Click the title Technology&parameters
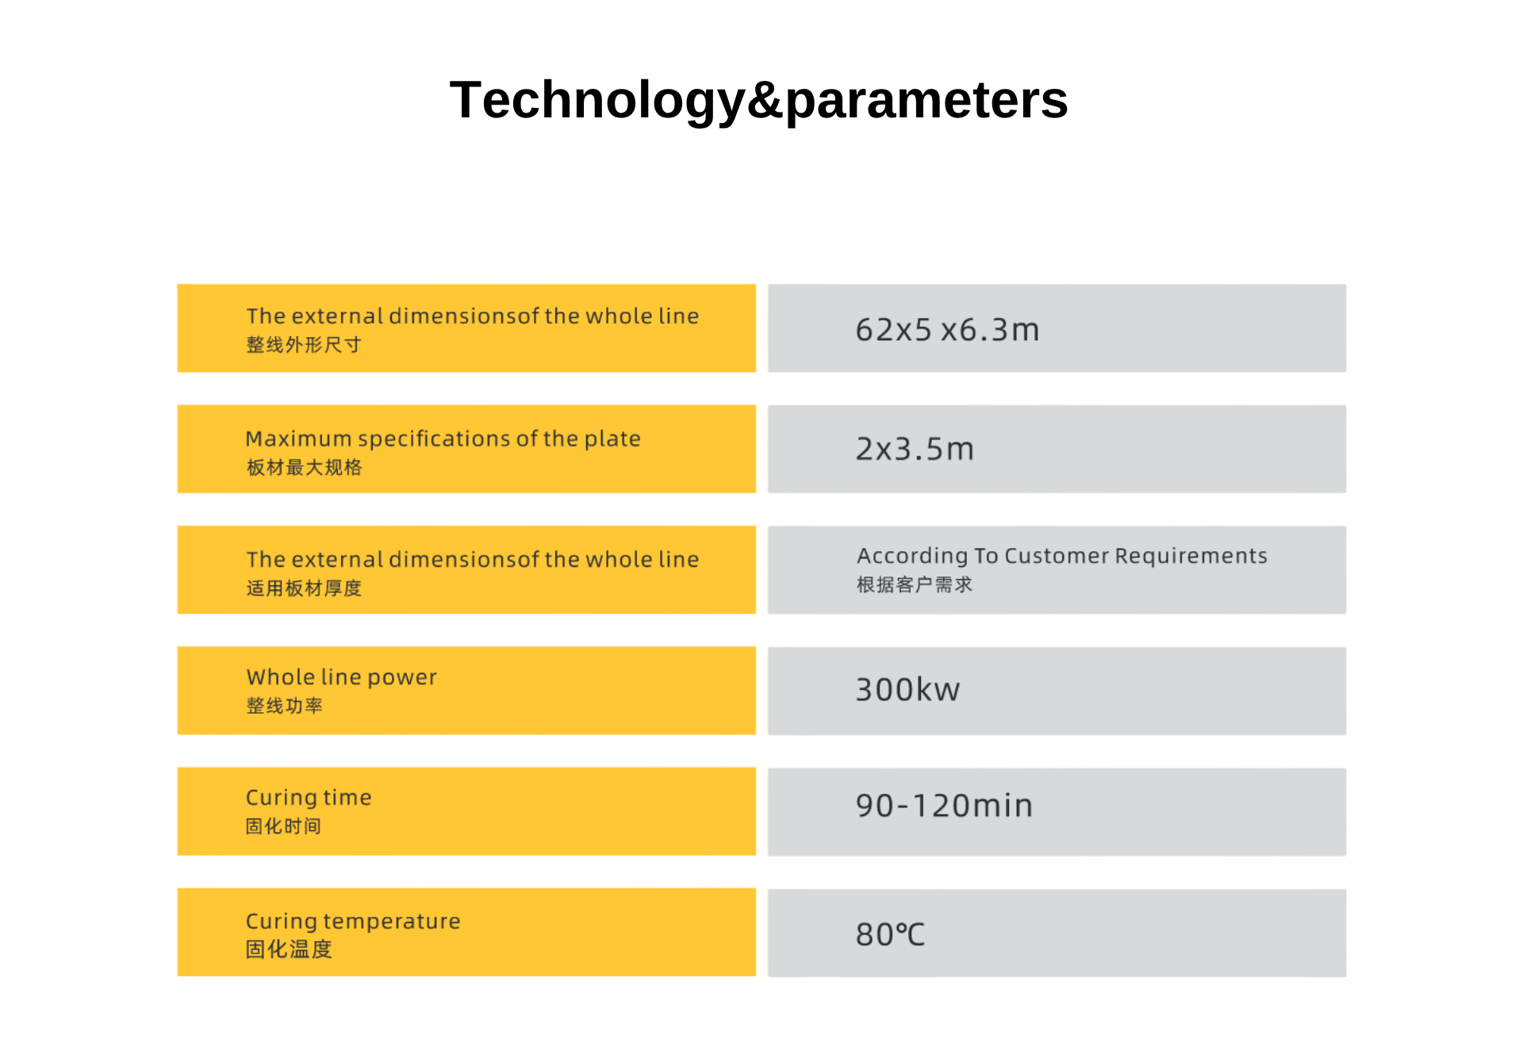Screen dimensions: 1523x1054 pyautogui.click(x=758, y=101)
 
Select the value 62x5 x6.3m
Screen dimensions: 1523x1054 pyautogui.click(x=947, y=330)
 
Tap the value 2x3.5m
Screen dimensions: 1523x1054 pyautogui.click(x=915, y=449)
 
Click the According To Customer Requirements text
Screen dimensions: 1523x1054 pyautogui.click(x=1062, y=556)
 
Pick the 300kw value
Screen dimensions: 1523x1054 pyautogui.click(x=907, y=689)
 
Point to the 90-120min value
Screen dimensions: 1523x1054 pyautogui.click(x=944, y=806)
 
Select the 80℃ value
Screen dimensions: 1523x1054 pyautogui.click(x=890, y=934)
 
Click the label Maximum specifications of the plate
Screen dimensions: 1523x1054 pyautogui.click(x=443, y=439)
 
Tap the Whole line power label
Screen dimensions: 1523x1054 pyautogui.click(x=341, y=677)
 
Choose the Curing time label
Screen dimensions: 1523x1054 pyautogui.click(x=309, y=798)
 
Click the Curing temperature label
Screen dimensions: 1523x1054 pyautogui.click(x=353, y=922)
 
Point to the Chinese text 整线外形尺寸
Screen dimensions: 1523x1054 pyautogui.click(x=304, y=345)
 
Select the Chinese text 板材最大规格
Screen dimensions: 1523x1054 pyautogui.click(x=304, y=467)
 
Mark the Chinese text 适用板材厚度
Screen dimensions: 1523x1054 pyautogui.click(x=304, y=588)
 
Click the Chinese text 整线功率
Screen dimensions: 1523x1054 pyautogui.click(x=284, y=706)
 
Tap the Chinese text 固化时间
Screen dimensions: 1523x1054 pyautogui.click(x=283, y=826)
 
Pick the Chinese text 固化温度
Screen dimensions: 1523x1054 pyautogui.click(x=289, y=949)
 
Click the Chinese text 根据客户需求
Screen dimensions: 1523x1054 pyautogui.click(x=915, y=584)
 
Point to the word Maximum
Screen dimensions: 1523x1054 pyautogui.click(x=298, y=439)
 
